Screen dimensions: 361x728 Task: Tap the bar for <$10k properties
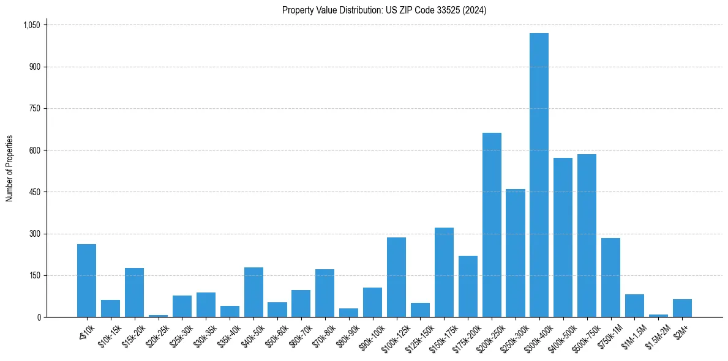[x=86, y=281]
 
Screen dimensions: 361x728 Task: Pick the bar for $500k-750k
[x=587, y=236]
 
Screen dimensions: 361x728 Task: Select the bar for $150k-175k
[x=444, y=272]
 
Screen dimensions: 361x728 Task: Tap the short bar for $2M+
[x=682, y=308]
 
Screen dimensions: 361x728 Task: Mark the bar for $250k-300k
[x=516, y=253]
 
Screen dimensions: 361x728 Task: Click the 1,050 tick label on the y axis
[x=31, y=25]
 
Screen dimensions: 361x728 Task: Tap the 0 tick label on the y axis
[x=38, y=318]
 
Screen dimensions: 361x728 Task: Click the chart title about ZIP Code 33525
[x=384, y=10]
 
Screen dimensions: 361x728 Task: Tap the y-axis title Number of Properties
[x=10, y=168]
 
